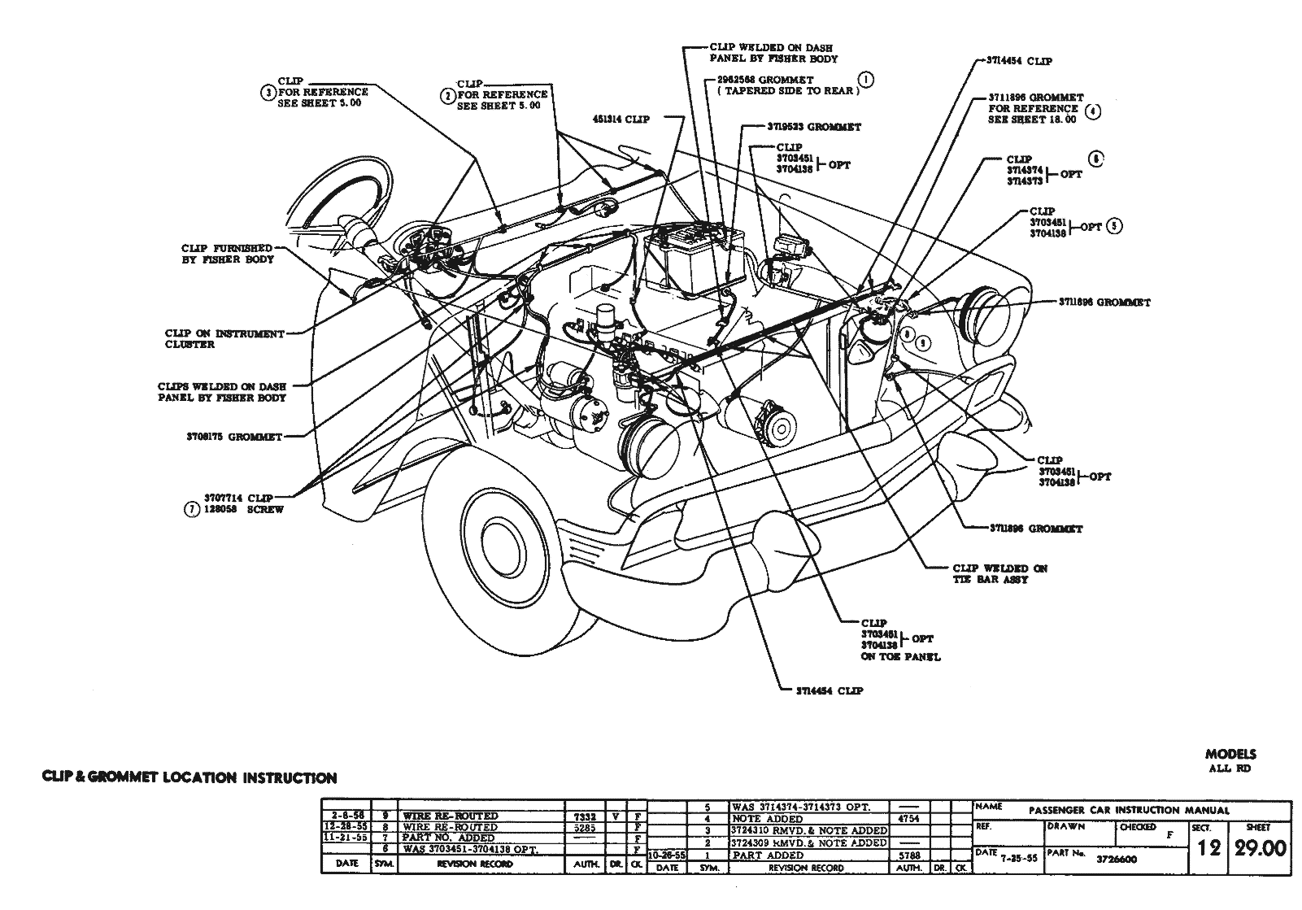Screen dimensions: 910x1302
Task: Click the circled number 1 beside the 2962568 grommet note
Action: [866, 79]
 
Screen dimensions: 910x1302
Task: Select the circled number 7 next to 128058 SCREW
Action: [192, 510]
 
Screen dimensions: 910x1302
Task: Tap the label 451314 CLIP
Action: [621, 120]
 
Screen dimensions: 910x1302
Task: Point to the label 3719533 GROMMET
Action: [813, 127]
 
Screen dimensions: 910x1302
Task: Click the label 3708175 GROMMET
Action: [233, 437]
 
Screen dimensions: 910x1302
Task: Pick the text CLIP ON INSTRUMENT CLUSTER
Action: [224, 339]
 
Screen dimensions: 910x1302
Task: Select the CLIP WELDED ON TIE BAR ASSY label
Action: [999, 574]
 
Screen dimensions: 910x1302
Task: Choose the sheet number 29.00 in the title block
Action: [1261, 849]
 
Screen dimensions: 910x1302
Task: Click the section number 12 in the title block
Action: [1208, 849]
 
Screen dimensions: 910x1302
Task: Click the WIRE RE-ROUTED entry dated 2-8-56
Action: [450, 816]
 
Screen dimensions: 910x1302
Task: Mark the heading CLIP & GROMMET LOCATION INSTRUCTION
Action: [189, 778]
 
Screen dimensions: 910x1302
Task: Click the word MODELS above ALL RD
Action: [1230, 754]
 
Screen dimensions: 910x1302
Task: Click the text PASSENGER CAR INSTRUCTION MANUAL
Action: [1129, 810]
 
